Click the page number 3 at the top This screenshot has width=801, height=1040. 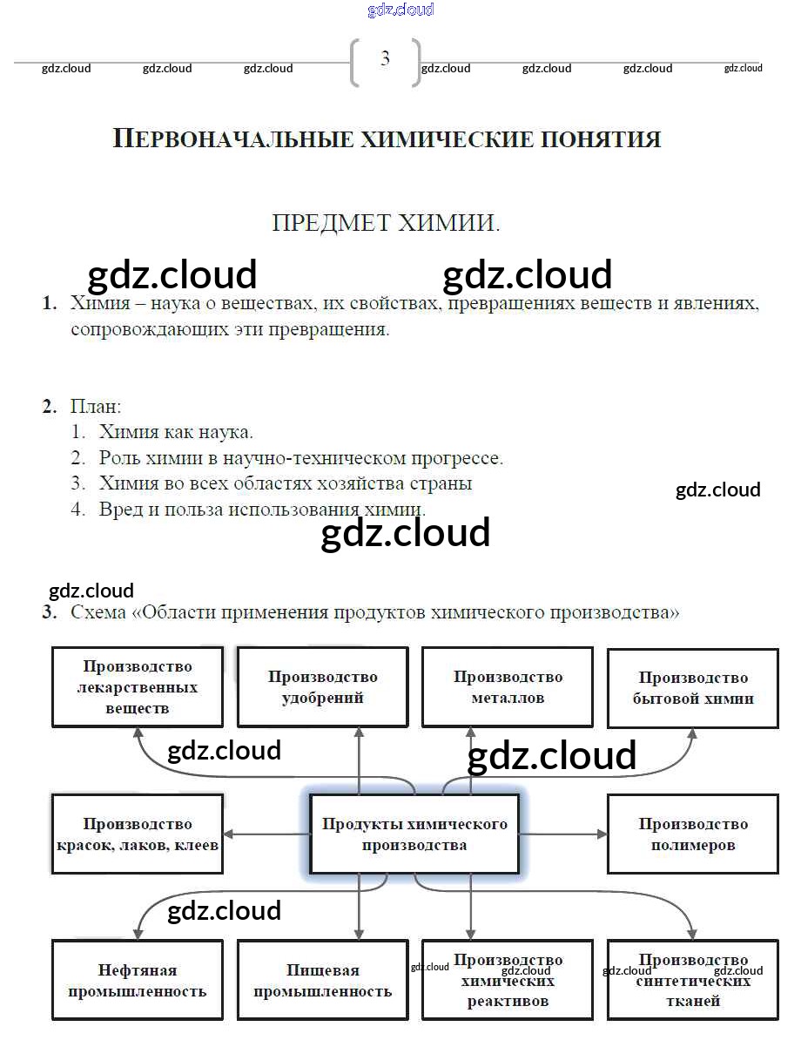click(385, 59)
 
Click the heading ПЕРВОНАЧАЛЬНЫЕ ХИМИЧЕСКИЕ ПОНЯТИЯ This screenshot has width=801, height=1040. click(387, 139)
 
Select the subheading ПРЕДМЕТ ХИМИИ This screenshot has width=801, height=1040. click(386, 223)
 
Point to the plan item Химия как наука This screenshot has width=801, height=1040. click(176, 432)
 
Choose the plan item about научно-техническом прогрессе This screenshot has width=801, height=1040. click(300, 458)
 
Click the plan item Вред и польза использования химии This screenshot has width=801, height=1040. click(262, 510)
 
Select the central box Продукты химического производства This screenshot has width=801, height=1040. click(414, 834)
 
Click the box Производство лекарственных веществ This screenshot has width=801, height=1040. click(138, 687)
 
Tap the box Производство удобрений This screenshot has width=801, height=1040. click(322, 687)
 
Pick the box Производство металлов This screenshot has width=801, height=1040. click(508, 687)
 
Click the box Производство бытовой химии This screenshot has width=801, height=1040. click(693, 688)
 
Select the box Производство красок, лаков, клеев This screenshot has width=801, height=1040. click(138, 834)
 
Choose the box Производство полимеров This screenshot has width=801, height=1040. click(693, 834)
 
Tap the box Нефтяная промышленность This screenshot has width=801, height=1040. click(138, 980)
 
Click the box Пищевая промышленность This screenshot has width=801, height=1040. click(322, 980)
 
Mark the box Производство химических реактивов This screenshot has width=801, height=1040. click(508, 980)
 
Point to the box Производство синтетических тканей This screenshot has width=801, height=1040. click(693, 980)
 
